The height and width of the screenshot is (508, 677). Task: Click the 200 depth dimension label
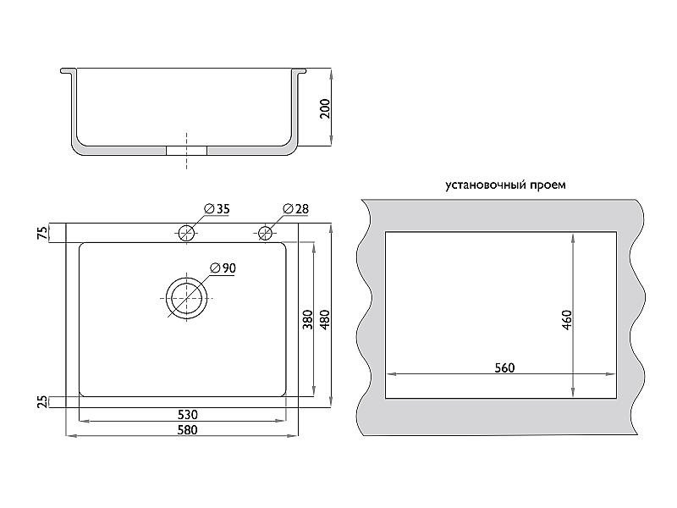click(326, 108)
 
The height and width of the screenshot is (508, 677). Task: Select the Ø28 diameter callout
click(295, 209)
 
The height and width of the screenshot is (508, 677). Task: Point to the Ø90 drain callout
click(223, 268)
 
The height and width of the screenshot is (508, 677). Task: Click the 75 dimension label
click(43, 234)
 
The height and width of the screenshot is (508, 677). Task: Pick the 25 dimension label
click(43, 402)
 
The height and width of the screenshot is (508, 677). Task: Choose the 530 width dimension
click(188, 415)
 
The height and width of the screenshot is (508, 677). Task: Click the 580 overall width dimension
click(188, 430)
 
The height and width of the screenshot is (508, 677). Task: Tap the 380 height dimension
click(307, 319)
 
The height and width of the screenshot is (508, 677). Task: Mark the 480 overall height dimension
click(325, 319)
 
